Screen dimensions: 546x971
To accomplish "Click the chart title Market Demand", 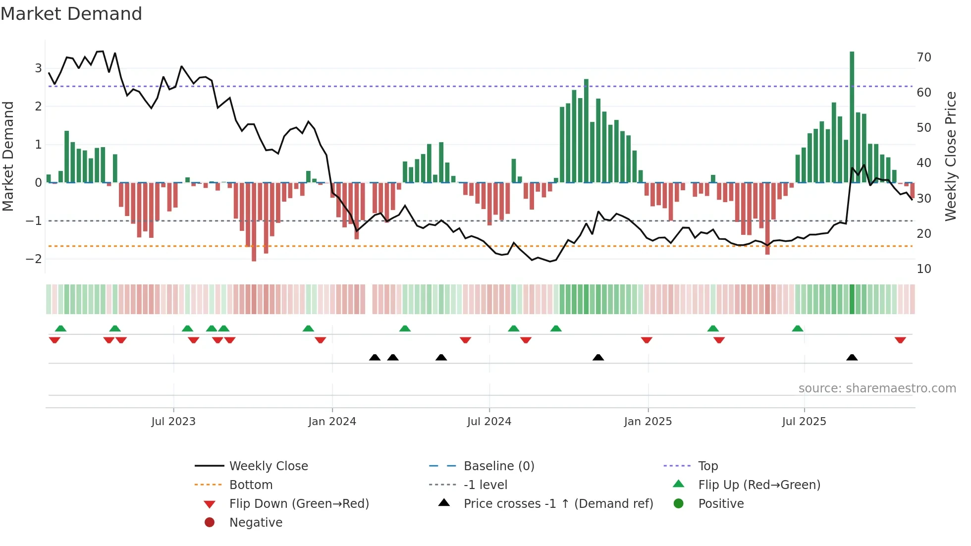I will coord(71,14).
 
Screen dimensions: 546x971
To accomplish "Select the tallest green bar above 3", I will coord(852,117).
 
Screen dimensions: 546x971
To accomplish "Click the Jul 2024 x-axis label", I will coord(489,422).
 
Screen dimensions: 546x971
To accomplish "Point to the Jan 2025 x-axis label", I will coord(647,422).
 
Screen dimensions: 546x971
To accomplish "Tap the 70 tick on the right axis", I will coord(923,57).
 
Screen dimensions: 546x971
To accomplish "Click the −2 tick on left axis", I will coord(34,259).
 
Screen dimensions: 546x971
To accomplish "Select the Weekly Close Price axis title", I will coord(950,156).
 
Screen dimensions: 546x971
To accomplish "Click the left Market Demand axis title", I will coord(8,156).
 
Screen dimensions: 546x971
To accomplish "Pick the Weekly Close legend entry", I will coord(268,466).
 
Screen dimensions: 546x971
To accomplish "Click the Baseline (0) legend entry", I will coord(498,466).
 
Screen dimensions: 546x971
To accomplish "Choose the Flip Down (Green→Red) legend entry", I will coord(299,504).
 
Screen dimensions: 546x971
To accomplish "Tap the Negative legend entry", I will coord(256,523).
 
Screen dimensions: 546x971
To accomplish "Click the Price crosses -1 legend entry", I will coord(558,504).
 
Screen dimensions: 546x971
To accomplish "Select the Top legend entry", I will coord(707,466).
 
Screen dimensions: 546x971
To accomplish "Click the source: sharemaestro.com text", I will coord(877,388).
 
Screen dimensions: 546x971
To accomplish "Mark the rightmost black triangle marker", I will coord(852,357).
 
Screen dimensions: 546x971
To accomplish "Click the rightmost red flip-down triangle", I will coord(900,340).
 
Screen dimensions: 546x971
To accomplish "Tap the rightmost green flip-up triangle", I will coord(797,328).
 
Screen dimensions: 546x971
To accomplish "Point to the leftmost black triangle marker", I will coord(375,357).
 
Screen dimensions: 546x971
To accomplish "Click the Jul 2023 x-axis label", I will coord(173,422).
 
